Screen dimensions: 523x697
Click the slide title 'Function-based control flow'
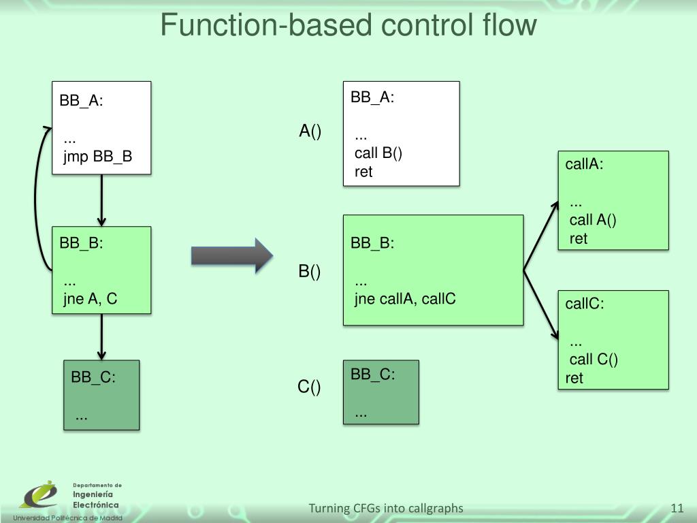point(348,26)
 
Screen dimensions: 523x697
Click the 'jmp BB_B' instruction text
point(97,157)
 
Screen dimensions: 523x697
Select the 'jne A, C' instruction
point(91,298)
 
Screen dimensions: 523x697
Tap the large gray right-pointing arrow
point(231,256)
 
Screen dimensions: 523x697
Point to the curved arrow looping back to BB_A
point(37,197)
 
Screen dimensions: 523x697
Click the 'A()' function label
point(310,131)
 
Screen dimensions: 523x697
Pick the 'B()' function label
point(310,271)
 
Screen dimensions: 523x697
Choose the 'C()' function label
point(309,387)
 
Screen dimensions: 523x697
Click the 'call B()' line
point(378,153)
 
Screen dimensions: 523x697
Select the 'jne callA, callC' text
point(405,298)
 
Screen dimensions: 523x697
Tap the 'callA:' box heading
point(584,164)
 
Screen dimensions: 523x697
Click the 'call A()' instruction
point(593,219)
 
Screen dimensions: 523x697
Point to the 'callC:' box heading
point(585,304)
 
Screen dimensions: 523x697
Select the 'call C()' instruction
point(594,360)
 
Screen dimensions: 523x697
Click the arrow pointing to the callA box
point(540,235)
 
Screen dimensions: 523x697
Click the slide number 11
point(677,508)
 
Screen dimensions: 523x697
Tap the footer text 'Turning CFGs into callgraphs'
point(386,508)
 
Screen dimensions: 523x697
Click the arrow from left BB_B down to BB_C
point(101,336)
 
